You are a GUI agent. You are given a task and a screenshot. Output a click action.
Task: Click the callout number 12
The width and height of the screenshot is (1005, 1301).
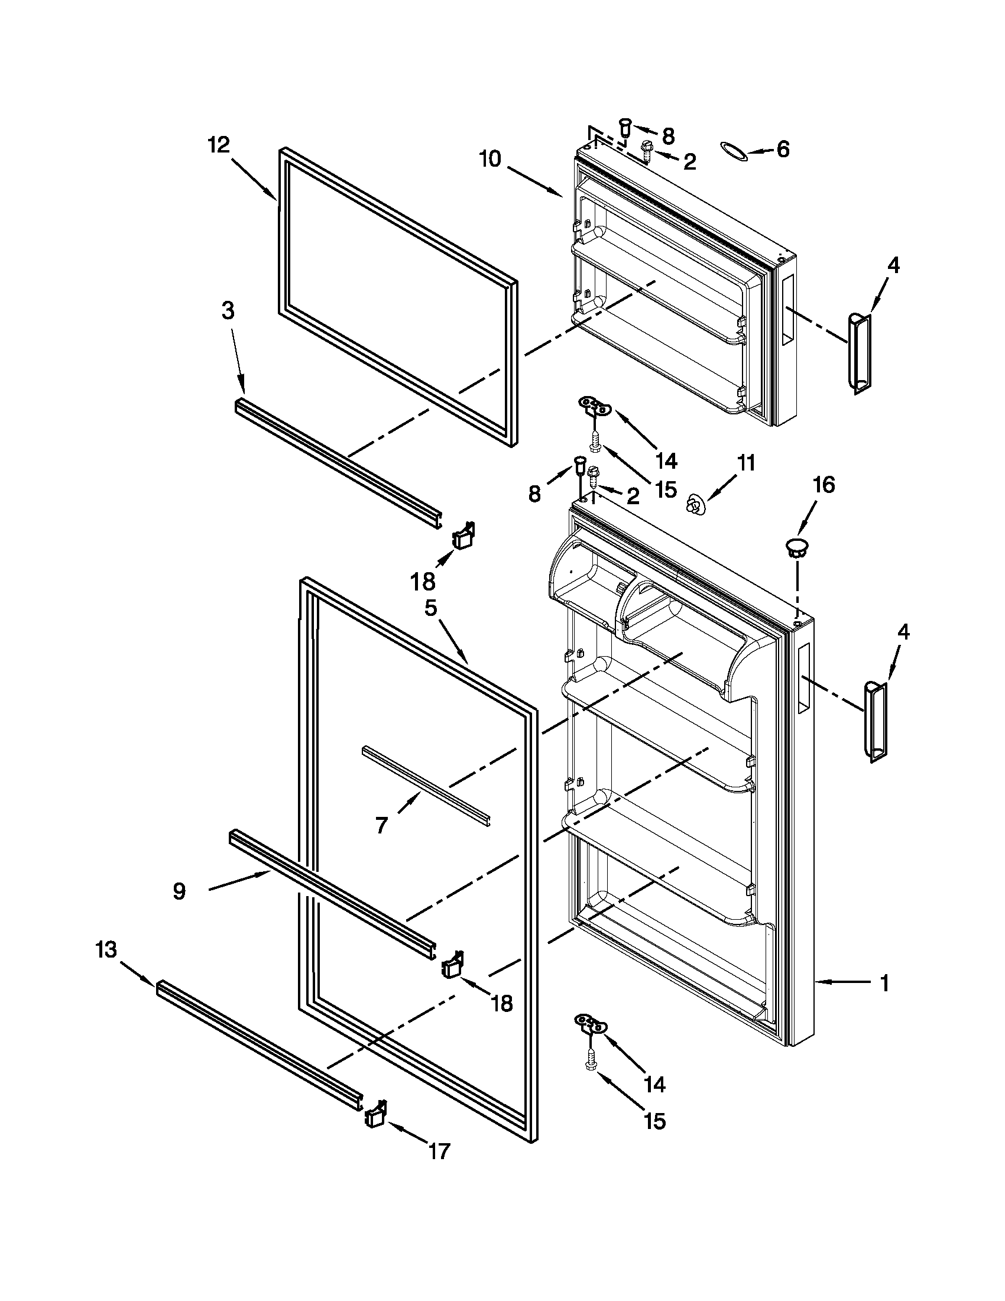(x=219, y=145)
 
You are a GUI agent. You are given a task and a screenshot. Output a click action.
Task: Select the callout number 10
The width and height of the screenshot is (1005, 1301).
(x=491, y=160)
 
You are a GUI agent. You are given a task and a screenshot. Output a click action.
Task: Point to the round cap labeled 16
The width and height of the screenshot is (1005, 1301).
(x=797, y=546)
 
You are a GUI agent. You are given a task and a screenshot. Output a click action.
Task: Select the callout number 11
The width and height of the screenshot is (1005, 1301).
(x=745, y=462)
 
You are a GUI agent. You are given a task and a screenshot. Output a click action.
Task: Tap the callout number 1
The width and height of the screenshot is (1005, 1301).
(x=884, y=983)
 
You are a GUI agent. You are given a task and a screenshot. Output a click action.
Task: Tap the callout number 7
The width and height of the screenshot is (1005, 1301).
(x=381, y=825)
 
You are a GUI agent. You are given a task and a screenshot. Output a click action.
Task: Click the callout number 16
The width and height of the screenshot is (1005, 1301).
(x=824, y=485)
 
